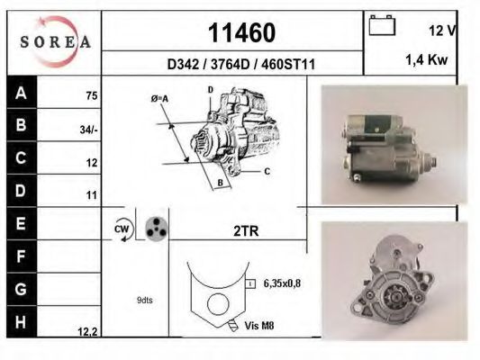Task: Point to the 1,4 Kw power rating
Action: [427, 61]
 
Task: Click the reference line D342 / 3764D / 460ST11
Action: [240, 65]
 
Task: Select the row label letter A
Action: [21, 93]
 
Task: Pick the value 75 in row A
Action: [91, 94]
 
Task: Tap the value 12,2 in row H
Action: [87, 331]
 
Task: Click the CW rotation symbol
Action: [123, 229]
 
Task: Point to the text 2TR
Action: [245, 230]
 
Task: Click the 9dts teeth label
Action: [144, 299]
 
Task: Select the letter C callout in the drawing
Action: [267, 169]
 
